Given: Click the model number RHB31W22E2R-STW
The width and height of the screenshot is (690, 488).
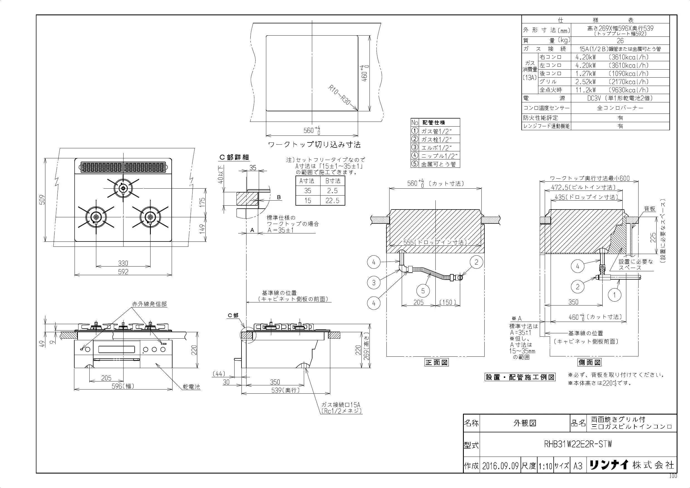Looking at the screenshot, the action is (x=578, y=444).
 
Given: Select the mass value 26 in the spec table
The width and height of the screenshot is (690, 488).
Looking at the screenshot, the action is (x=620, y=41).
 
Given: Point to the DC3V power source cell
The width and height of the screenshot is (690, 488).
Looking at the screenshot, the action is (x=620, y=98).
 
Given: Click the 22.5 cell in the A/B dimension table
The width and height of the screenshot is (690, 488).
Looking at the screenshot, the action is (x=332, y=200).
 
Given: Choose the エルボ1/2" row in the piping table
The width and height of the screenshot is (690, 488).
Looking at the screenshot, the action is (x=435, y=147).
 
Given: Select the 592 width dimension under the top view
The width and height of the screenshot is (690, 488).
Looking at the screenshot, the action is (x=123, y=272).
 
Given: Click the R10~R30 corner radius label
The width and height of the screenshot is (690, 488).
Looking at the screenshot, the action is (x=340, y=95).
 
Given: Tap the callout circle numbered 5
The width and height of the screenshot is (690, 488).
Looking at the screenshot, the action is (x=423, y=291).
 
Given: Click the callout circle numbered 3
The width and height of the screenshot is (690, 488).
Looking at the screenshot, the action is (x=374, y=282).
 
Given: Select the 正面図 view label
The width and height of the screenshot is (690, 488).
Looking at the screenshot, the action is (x=436, y=363).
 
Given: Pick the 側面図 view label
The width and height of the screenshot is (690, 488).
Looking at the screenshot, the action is (x=590, y=363).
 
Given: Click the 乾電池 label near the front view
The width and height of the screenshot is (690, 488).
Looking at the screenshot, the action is (x=191, y=387).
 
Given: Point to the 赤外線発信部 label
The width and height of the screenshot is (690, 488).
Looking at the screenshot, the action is (x=149, y=304).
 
